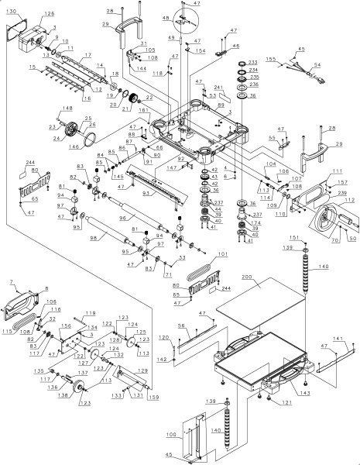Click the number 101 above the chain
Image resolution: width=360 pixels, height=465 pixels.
[x=223, y=253]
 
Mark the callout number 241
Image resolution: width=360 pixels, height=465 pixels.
[x=218, y=87]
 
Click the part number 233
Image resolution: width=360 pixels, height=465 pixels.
[x=252, y=62]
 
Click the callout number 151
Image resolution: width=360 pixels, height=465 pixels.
[x=304, y=236]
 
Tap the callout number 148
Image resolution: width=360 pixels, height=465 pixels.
[x=67, y=108]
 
